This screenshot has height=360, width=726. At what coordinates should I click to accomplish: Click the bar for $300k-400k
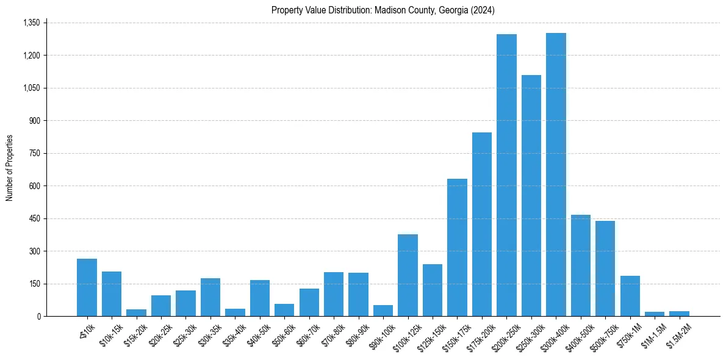(x=556, y=175)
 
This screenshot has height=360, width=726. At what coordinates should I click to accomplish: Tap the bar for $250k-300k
(x=531, y=195)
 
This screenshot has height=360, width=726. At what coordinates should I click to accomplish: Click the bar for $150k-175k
(x=457, y=247)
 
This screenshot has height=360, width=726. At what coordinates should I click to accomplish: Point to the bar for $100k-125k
(x=408, y=275)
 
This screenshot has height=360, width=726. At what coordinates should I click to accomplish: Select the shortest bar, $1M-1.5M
(x=655, y=314)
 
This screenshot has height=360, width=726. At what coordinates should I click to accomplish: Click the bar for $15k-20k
(x=136, y=312)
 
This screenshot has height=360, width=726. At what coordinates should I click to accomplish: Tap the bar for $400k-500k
(x=581, y=265)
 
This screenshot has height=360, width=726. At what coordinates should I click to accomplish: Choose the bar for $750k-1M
(x=630, y=296)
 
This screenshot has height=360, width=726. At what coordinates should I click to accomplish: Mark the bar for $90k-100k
(x=383, y=311)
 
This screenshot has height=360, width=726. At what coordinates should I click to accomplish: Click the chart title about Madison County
(x=383, y=10)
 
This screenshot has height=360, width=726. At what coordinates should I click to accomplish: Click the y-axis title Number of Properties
(x=10, y=168)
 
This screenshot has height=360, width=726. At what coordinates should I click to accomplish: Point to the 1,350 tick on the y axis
(x=31, y=23)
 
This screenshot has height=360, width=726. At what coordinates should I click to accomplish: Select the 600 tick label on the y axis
(x=34, y=186)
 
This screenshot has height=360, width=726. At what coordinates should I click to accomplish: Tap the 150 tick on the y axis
(x=34, y=284)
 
